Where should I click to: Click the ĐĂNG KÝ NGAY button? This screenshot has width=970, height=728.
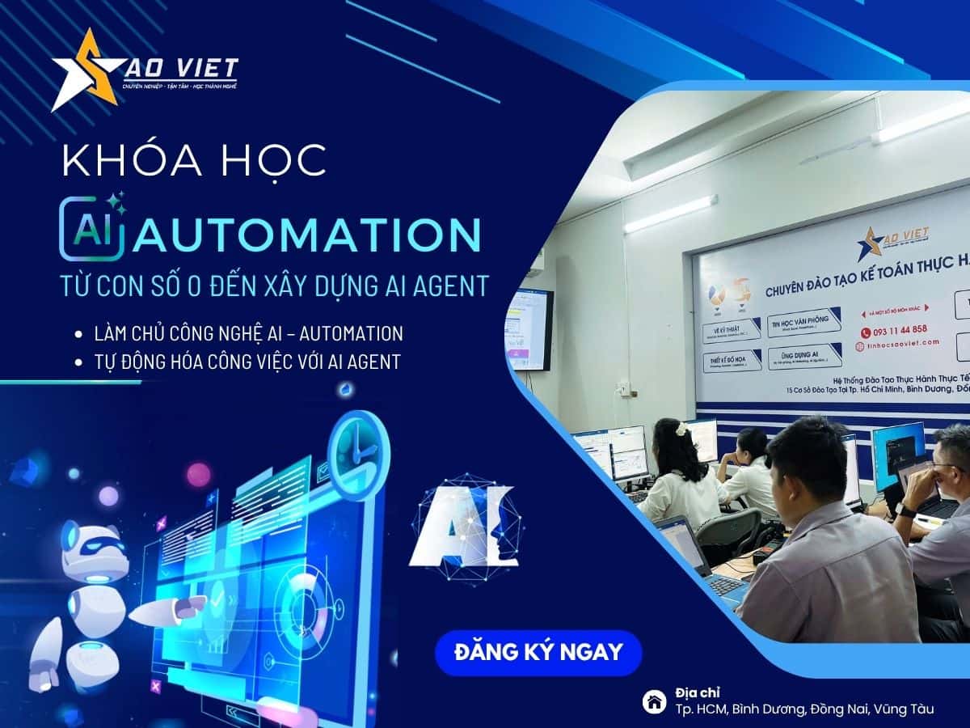click(538, 652)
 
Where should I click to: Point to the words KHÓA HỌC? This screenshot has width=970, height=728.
click(194, 160)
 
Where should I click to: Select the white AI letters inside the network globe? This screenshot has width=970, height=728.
click(462, 525)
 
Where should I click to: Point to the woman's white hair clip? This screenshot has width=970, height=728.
click(683, 429)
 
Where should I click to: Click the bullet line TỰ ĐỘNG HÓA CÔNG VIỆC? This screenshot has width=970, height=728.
click(247, 362)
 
